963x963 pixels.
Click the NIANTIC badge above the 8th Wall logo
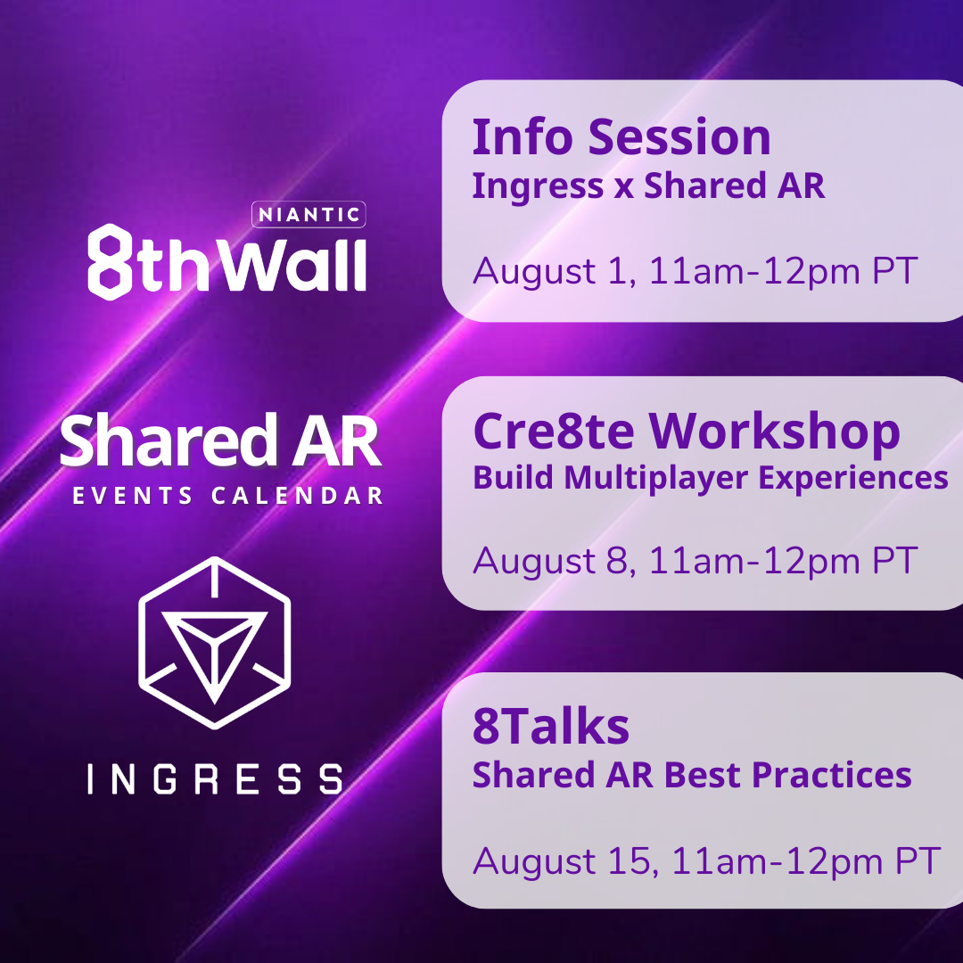[309, 214]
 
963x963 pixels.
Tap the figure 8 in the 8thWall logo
[111, 259]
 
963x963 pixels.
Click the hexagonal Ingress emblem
[214, 643]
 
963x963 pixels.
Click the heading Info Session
[621, 137]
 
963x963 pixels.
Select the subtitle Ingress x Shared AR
[648, 185]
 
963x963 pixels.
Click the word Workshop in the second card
[774, 431]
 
